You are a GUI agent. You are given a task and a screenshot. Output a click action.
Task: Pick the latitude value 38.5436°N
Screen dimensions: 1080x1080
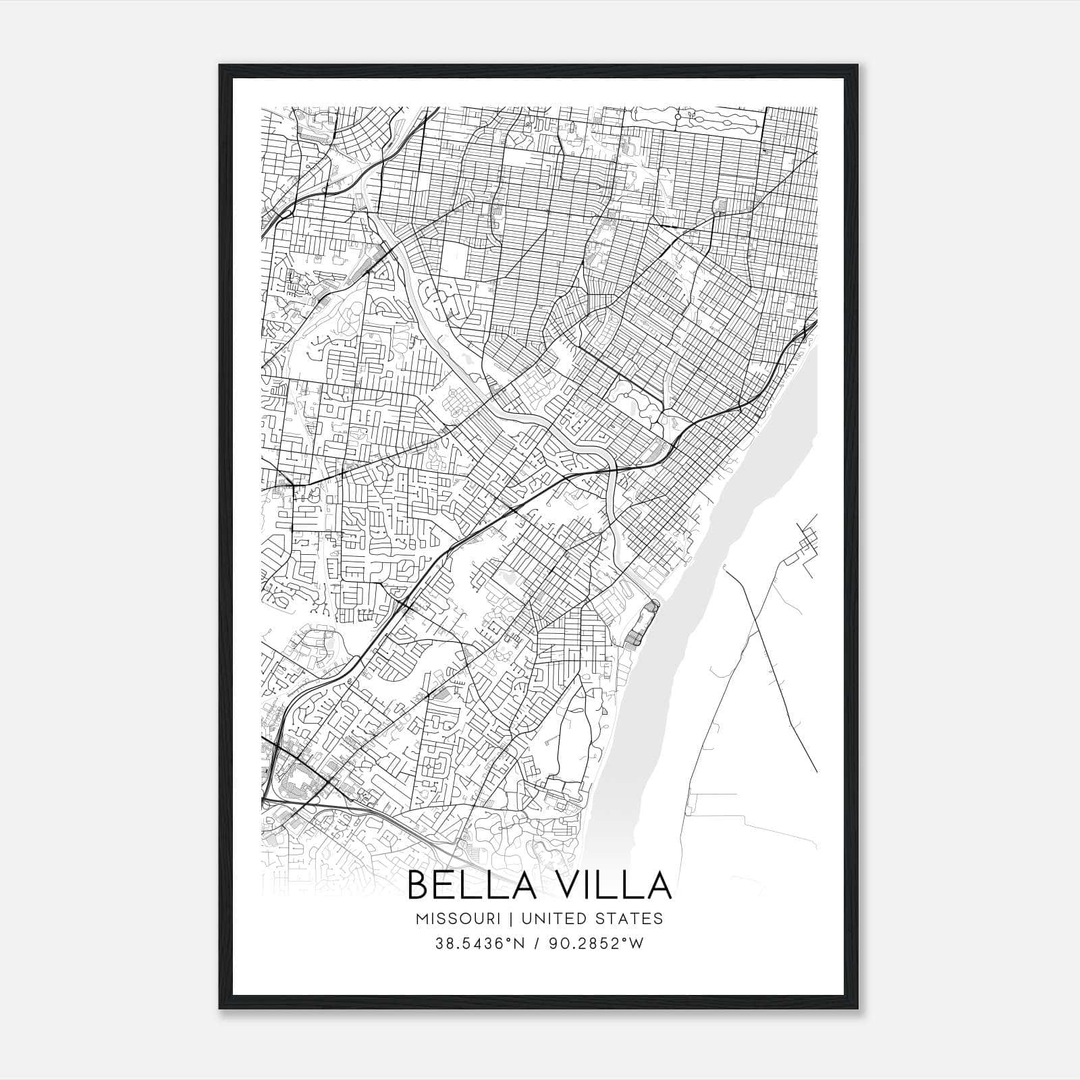pyautogui.click(x=479, y=944)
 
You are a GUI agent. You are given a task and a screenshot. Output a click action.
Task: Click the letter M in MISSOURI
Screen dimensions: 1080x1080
pyautogui.click(x=423, y=919)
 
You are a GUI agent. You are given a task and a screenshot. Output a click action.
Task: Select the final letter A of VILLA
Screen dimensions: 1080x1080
pyautogui.click(x=659, y=886)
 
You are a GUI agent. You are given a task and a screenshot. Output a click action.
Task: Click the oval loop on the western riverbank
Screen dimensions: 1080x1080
pyautogui.click(x=643, y=622)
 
